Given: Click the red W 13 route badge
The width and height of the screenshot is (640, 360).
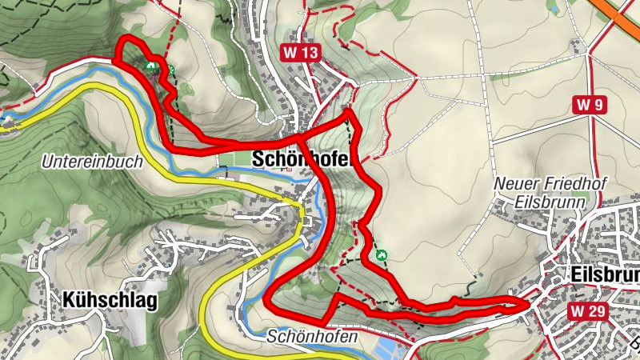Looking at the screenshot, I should [x=301, y=54].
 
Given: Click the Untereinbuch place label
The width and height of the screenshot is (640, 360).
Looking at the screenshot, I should [x=91, y=162].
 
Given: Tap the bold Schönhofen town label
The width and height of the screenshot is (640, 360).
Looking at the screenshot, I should [x=302, y=159].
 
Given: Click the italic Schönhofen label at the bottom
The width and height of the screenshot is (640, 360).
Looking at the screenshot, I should [x=311, y=338].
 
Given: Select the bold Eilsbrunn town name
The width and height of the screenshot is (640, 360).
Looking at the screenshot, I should [x=606, y=274].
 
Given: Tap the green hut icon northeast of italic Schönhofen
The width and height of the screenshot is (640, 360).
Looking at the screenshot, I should [x=382, y=254].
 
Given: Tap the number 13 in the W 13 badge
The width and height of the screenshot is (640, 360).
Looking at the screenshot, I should [x=309, y=54].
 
